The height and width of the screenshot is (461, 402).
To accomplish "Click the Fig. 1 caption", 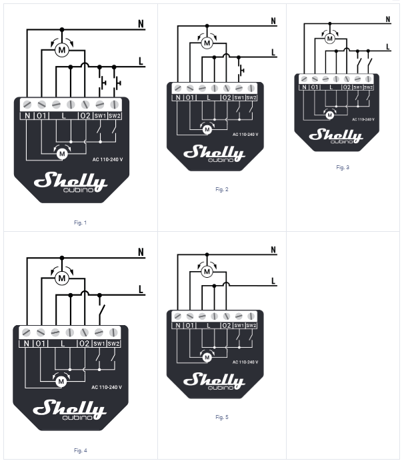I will (80, 223).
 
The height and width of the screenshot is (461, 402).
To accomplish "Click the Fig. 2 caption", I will (222, 190).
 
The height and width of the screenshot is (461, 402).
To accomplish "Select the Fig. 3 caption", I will (343, 167).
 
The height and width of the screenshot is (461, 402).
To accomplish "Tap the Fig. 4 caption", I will (80, 451).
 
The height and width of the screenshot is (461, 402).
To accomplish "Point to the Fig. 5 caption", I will (222, 417).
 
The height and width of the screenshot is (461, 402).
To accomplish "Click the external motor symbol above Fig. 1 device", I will (62, 49).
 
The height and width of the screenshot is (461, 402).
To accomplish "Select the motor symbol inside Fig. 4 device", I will (61, 381).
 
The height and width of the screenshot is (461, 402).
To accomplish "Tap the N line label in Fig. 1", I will (141, 24).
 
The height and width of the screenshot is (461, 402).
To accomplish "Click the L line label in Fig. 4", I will (141, 289).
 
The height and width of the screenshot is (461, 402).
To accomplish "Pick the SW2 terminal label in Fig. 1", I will (115, 116).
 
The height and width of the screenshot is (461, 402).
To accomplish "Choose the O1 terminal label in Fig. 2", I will (191, 98).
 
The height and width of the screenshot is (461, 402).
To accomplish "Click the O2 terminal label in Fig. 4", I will (85, 344).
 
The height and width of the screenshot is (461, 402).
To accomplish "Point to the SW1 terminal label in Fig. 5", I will (239, 325).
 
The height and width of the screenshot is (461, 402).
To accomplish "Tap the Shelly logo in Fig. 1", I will (70, 181).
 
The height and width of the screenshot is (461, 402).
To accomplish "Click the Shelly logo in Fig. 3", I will (335, 135).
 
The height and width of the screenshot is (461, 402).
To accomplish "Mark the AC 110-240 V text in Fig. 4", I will (107, 387).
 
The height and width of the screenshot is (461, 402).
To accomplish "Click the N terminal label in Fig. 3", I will (304, 87).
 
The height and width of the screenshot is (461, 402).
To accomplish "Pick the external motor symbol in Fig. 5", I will (207, 271).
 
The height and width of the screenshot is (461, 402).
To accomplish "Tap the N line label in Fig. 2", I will (274, 20).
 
